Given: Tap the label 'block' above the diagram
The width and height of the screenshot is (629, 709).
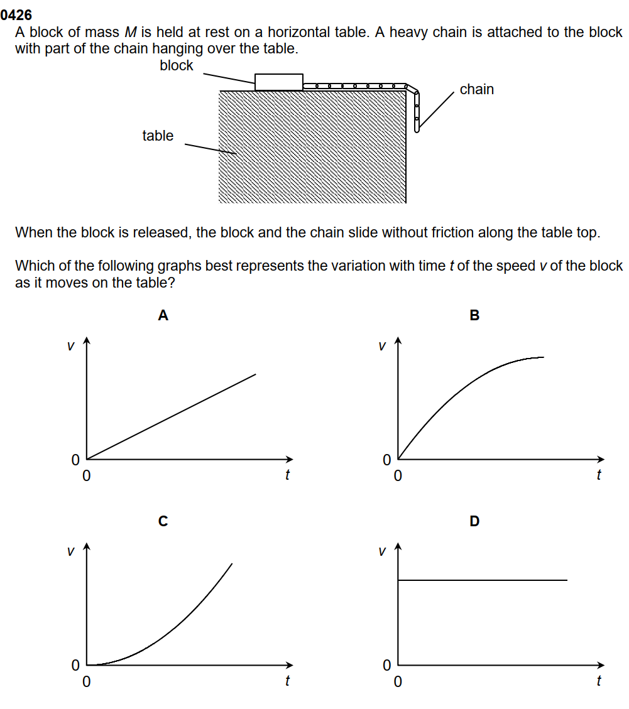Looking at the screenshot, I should click(177, 65).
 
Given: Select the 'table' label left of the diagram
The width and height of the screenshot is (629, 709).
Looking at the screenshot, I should click(158, 136).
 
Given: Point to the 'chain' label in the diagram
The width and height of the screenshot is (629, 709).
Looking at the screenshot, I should click(477, 89).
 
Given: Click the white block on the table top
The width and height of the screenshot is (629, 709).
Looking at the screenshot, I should click(278, 82).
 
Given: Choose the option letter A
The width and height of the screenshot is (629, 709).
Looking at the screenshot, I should click(163, 315).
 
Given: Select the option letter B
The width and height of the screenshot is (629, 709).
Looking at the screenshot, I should click(474, 315).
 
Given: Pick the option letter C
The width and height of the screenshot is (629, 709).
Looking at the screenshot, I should click(163, 521).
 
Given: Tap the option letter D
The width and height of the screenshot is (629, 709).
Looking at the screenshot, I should click(474, 521).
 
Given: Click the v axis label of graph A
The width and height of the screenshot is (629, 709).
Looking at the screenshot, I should click(70, 345).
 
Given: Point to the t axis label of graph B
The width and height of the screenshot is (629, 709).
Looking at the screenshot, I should click(598, 475).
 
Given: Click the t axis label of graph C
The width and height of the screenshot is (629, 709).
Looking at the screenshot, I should click(287, 681).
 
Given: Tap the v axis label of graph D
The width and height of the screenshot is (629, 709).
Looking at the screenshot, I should click(381, 551).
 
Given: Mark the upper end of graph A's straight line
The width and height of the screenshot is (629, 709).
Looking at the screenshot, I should click(255, 374).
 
